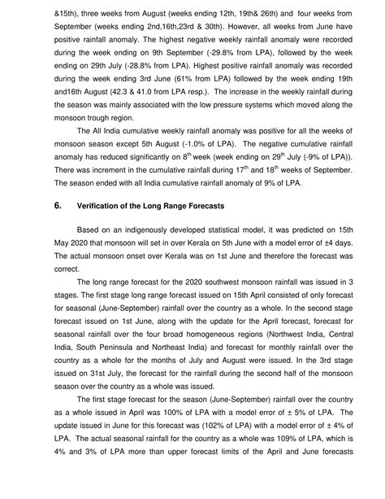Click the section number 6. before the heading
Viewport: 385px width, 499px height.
47,206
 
